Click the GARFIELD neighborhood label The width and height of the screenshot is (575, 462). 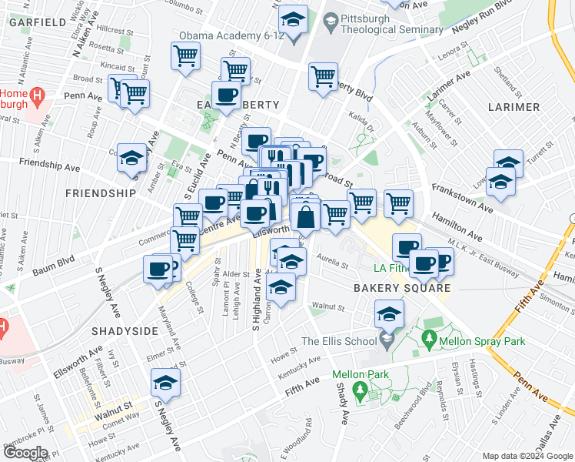point(38,22)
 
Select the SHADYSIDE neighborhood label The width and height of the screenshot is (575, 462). point(124,330)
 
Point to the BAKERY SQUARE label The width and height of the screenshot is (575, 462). point(401,288)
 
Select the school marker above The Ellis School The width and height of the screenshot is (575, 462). point(389,313)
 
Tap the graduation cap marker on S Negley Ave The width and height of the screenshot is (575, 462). point(165,382)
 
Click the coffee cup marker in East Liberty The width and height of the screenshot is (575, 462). point(226,96)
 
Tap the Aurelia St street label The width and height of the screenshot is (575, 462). point(334,265)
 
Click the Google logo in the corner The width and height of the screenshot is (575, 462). point(25,453)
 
